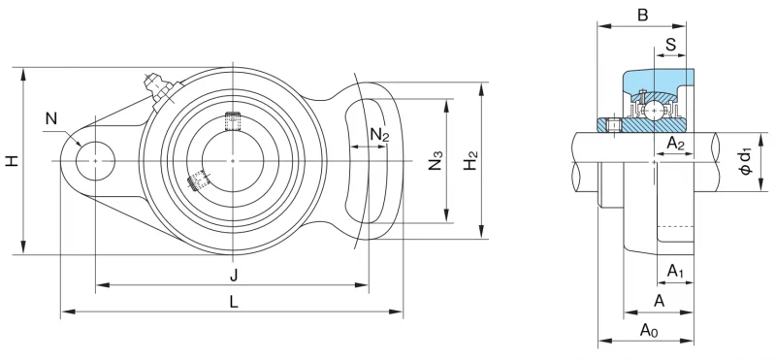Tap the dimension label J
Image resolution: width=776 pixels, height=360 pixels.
tap(234, 275)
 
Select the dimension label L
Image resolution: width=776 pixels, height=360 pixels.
tap(234, 301)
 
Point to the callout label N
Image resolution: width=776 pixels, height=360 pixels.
tap(51, 118)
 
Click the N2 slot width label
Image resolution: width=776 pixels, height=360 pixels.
tap(379, 134)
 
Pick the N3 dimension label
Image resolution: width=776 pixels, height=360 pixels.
tap(436, 161)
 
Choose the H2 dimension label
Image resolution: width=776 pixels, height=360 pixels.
tap(471, 161)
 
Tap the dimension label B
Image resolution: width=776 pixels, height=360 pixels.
tap(642, 16)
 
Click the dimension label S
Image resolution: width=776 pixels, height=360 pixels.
tap(670, 45)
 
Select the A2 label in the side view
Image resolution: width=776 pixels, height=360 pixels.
tap(675, 144)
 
